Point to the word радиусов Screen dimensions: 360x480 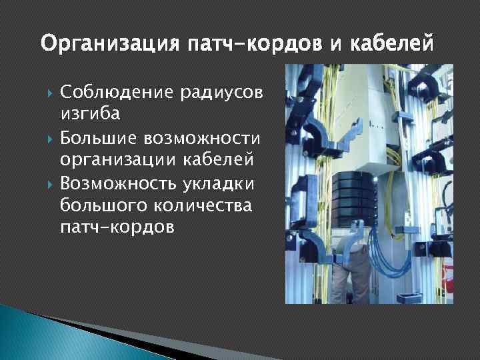(x=223, y=91)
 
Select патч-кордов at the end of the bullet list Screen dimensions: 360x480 (x=117, y=227)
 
